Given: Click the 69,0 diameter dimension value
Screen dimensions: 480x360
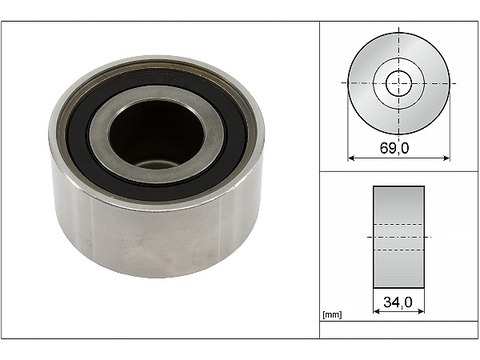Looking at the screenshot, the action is tap(394, 148).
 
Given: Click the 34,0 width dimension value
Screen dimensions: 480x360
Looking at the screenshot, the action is tap(398, 302).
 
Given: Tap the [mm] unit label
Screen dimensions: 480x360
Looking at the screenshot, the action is tap(332, 315).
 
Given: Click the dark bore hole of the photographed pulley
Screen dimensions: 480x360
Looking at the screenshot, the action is tap(156, 135).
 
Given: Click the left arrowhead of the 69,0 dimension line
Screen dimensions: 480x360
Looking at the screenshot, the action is tap(351, 158).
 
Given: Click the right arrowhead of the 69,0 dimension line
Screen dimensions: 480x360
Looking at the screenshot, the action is tap(447, 158).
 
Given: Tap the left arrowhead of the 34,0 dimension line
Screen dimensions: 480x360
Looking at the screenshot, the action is tap(376, 311).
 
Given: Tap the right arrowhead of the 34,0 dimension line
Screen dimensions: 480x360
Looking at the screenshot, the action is tap(421, 311).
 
